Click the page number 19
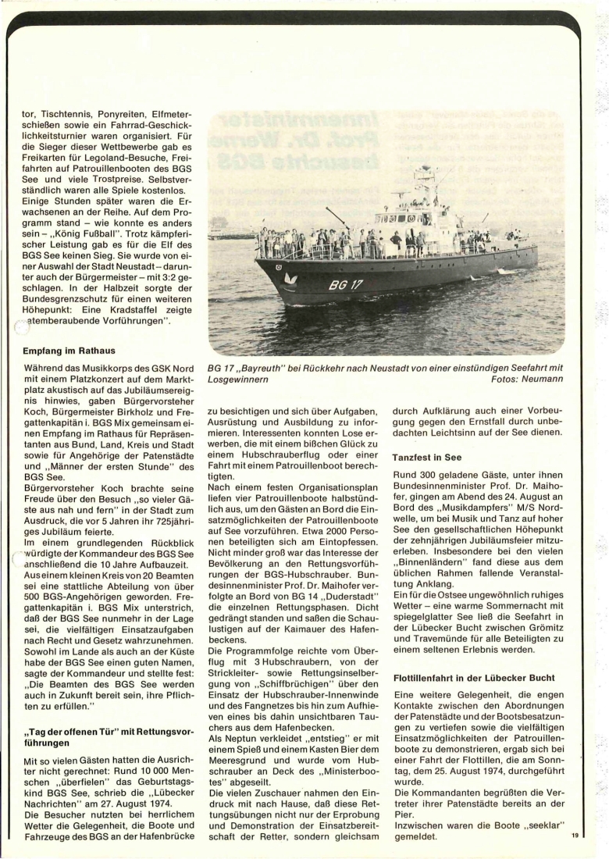click(x=574, y=836)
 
